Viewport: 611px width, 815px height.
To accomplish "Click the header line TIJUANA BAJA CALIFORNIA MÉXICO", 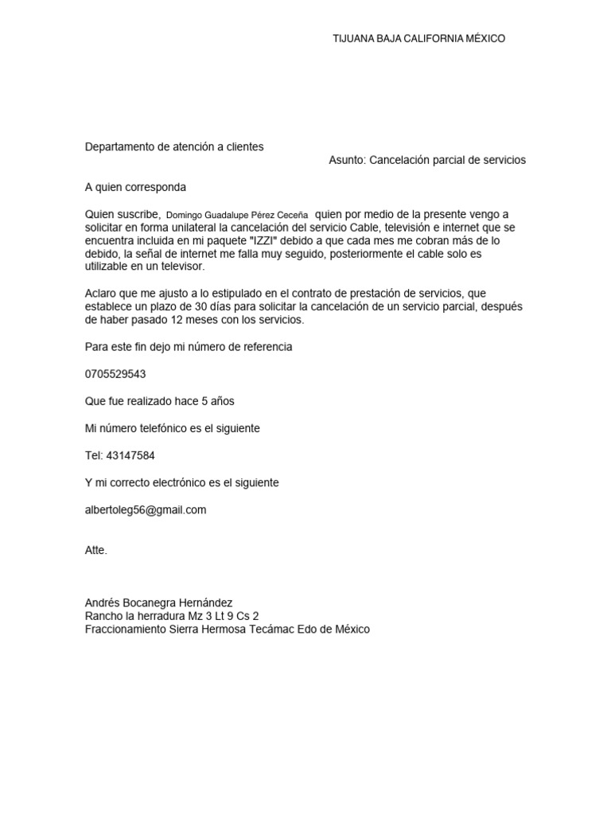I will (x=418, y=38).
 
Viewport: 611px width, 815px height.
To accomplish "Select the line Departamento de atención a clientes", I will (x=174, y=146).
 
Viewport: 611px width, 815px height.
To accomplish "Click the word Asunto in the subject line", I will (x=346, y=160).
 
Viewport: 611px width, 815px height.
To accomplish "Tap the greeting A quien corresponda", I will (x=135, y=187).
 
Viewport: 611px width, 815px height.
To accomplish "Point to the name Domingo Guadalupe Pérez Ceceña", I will (x=237, y=215).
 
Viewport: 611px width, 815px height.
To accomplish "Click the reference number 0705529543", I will (x=115, y=374).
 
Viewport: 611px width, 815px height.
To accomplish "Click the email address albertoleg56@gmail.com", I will (x=146, y=509).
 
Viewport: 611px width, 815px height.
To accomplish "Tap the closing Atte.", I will (x=95, y=550).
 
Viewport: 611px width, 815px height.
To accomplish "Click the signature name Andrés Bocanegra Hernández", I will (x=158, y=603).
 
